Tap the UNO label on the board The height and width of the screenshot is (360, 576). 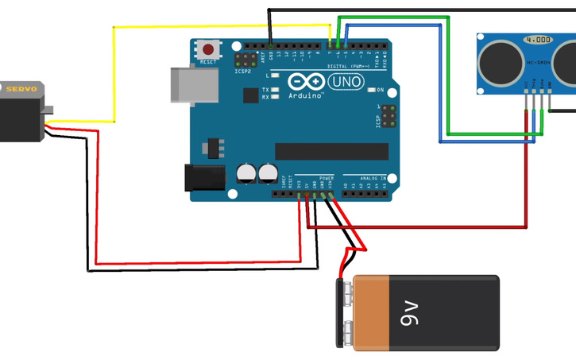[x=346, y=82]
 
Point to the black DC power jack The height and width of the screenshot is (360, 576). [x=203, y=177]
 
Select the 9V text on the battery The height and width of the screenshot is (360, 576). [x=409, y=313]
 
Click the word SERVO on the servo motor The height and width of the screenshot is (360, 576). [x=21, y=89]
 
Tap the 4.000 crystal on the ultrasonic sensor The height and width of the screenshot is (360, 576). [x=537, y=39]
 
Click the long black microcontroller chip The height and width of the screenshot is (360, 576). [x=331, y=151]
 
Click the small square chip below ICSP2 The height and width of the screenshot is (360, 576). [x=250, y=95]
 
